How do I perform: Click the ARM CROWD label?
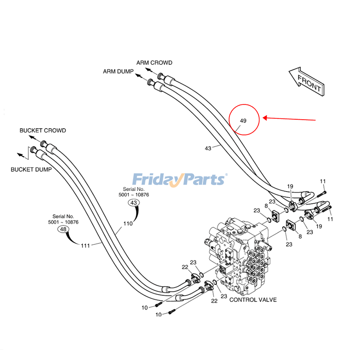pyautogui.click(x=154, y=63)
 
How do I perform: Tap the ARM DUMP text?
pyautogui.click(x=117, y=71)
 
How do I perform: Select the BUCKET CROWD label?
pyautogui.click(x=43, y=130)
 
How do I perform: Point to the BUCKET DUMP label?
pyautogui.click(x=31, y=170)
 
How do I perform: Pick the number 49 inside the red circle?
pyautogui.click(x=243, y=121)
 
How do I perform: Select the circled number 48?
pyautogui.click(x=63, y=229)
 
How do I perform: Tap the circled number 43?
pyautogui.click(x=134, y=203)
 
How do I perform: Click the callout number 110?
pyautogui.click(x=128, y=224)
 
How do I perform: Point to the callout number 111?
pyautogui.click(x=85, y=245)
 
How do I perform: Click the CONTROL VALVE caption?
pyautogui.click(x=253, y=300)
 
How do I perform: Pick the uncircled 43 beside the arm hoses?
pyautogui.click(x=208, y=148)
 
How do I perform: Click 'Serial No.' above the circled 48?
pyautogui.click(x=63, y=216)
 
